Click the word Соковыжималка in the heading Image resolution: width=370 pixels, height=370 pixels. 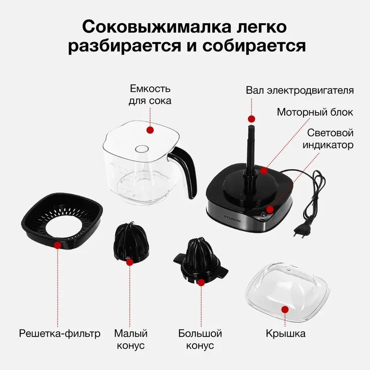coord(157,27)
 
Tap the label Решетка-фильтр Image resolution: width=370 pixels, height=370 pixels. coord(60,333)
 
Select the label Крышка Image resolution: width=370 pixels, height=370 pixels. coord(286,333)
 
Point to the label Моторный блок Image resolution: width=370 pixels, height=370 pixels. coord(315,112)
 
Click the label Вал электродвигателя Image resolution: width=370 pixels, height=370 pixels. coord(299,90)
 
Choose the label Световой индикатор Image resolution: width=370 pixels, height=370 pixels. coord(328,139)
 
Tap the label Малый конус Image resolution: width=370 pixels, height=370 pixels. coord(131,339)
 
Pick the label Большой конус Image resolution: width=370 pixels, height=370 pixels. coord(200,339)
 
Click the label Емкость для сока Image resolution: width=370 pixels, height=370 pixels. coord(150,95)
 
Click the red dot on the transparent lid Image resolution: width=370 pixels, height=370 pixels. coord(285,309)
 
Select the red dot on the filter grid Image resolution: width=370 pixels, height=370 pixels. coord(58,245)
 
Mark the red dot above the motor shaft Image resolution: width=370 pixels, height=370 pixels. coord(252,119)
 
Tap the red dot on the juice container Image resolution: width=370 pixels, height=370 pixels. coord(150,130)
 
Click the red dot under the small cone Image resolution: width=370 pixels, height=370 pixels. coord(130,262)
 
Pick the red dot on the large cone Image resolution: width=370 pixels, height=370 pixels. coord(201,283)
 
